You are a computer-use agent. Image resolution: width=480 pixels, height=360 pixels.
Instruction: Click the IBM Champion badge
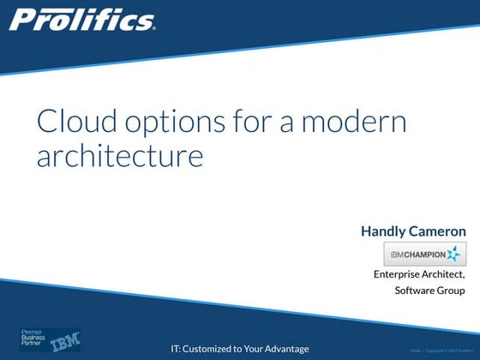423,254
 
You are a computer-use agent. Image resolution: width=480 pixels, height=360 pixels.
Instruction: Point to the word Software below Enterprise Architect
415,291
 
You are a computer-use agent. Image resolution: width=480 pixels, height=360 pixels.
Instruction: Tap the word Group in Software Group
452,291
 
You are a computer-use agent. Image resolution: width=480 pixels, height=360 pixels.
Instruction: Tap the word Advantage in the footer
285,349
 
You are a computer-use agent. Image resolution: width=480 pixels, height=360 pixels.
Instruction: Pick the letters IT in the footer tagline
176,349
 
